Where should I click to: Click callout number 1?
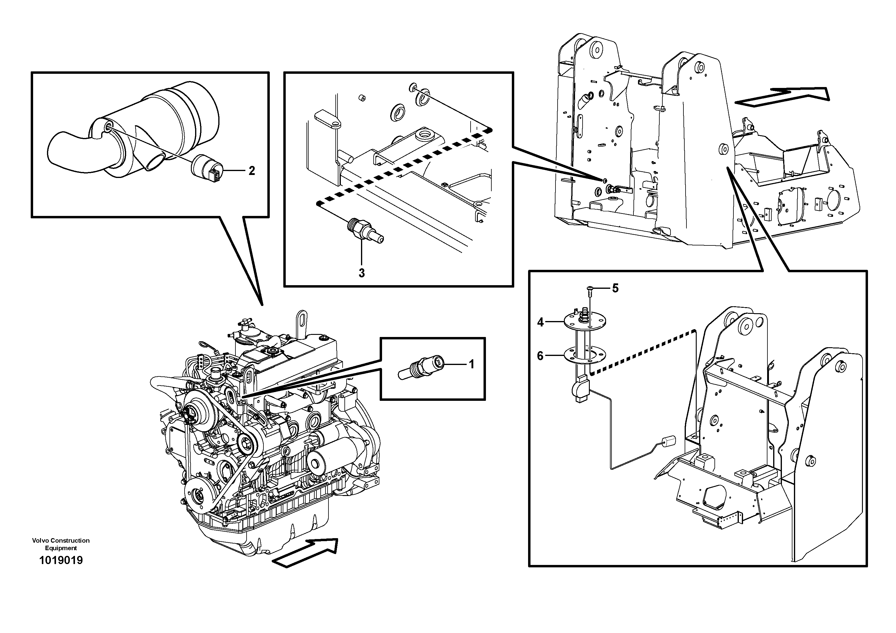471,364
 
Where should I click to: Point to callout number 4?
540,322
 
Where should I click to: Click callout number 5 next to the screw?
615,288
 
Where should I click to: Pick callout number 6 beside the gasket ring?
540,356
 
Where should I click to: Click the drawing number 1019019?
61,560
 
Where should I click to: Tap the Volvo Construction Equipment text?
61,544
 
